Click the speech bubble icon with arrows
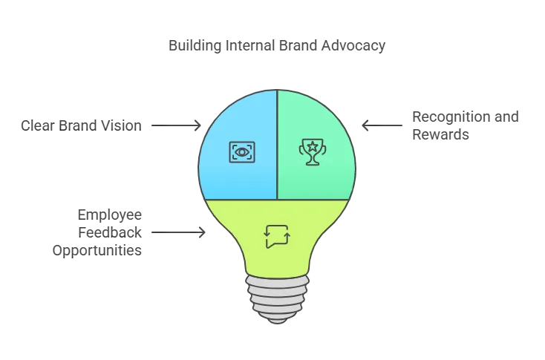[x=276, y=236]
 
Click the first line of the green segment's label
[x=467, y=117]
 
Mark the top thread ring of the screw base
[x=276, y=279]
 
